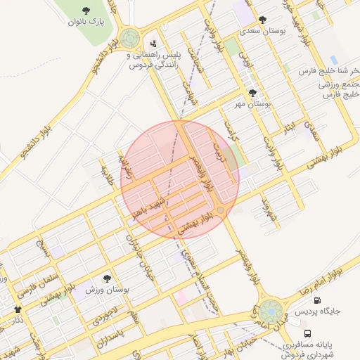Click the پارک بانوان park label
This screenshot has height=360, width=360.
click(x=86, y=22)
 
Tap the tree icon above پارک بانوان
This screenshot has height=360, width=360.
click(x=86, y=11)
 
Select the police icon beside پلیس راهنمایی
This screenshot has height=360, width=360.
click(x=153, y=44)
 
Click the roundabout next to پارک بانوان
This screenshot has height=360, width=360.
click(x=129, y=37)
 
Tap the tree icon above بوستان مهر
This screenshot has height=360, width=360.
click(x=252, y=93)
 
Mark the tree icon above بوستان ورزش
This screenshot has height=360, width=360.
click(x=107, y=278)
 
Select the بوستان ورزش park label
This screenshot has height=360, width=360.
click(x=107, y=289)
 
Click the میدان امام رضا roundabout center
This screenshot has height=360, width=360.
click(x=270, y=311)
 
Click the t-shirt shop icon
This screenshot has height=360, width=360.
click(x=18, y=309)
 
